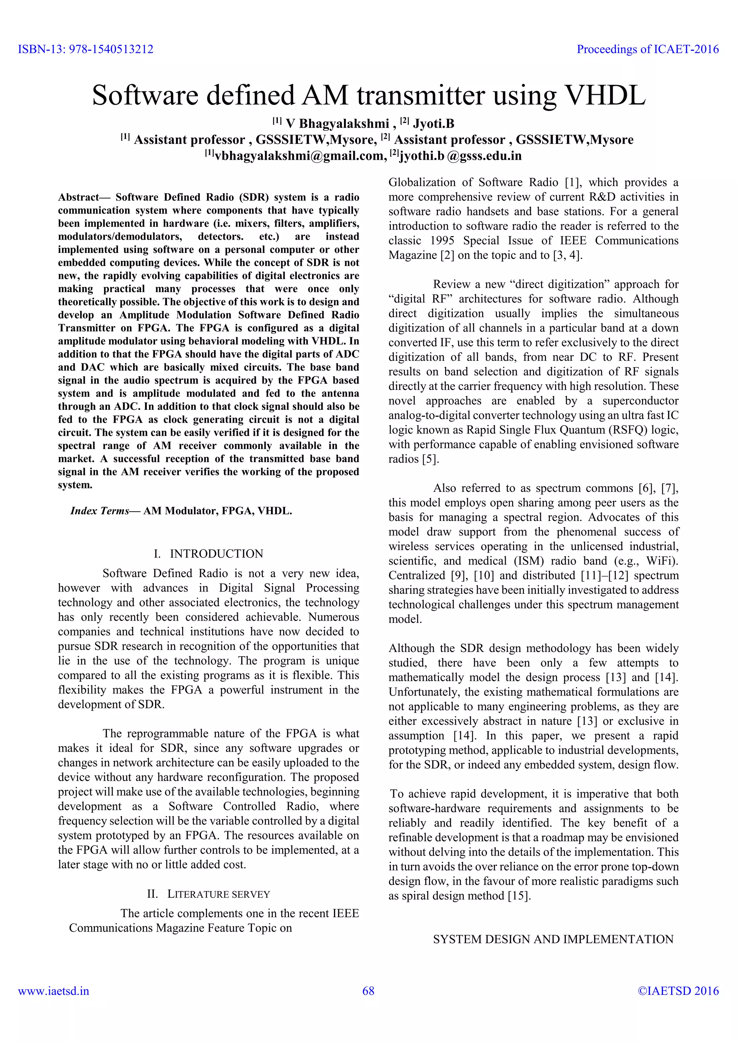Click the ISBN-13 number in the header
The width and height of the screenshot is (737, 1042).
click(x=111, y=49)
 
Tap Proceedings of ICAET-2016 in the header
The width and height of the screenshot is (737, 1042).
click(x=648, y=49)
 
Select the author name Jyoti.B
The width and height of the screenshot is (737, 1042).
click(x=433, y=123)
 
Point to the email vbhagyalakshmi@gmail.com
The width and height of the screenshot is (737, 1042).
click(x=299, y=156)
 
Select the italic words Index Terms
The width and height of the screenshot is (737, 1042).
click(x=100, y=511)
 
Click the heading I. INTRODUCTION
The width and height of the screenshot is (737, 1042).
click(x=209, y=554)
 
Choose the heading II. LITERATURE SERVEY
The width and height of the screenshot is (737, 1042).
click(x=209, y=894)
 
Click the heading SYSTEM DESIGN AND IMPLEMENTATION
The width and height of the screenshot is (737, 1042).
click(x=553, y=939)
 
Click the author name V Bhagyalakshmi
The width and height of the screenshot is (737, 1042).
click(x=337, y=123)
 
